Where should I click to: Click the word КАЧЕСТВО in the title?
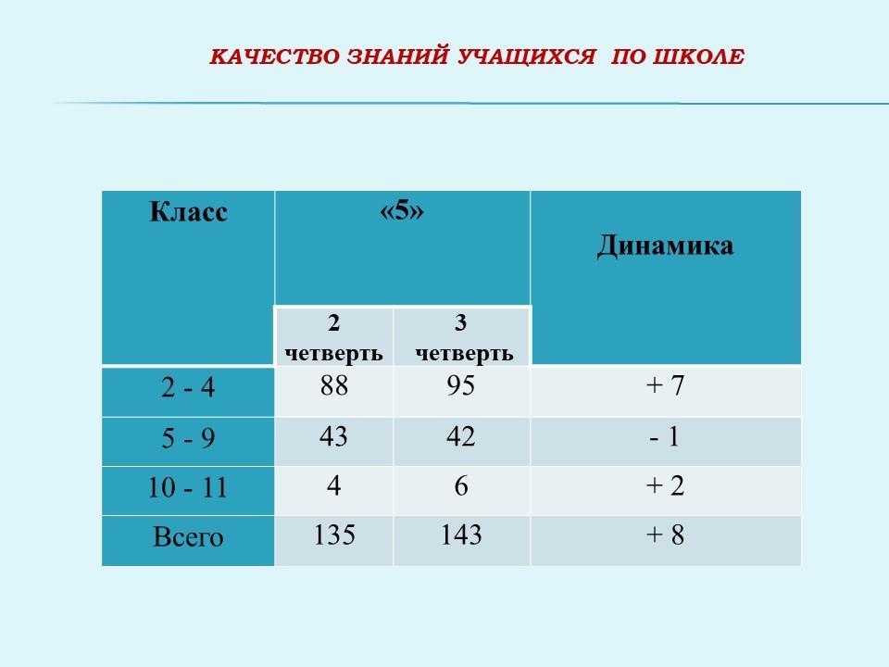274,57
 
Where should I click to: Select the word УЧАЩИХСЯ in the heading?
526,57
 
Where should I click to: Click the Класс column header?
188,212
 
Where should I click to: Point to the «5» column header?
401,210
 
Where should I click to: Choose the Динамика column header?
665,246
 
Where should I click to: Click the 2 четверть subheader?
333,337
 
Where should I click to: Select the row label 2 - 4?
188,387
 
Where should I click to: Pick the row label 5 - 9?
188,438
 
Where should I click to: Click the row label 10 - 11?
187,487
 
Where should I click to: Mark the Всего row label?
188,536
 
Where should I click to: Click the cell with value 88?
333,385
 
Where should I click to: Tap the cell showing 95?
460,385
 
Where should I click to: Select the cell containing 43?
333,436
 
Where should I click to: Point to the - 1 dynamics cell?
665,436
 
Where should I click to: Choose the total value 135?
334,535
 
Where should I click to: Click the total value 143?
461,535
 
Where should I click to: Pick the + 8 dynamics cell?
665,535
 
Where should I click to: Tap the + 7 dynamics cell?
665,385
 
